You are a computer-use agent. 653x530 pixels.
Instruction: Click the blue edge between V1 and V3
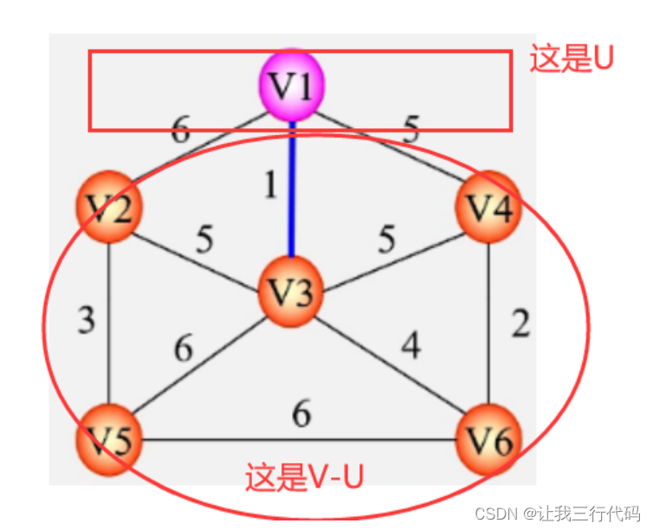point(292,191)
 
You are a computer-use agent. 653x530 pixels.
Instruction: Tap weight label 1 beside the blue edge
point(271,186)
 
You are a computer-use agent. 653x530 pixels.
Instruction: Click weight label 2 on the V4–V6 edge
point(520,324)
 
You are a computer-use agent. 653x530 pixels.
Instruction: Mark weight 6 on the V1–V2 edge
point(180,131)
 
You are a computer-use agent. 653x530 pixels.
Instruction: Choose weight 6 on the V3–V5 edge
point(183,349)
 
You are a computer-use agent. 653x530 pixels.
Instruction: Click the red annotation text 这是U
point(572,59)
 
